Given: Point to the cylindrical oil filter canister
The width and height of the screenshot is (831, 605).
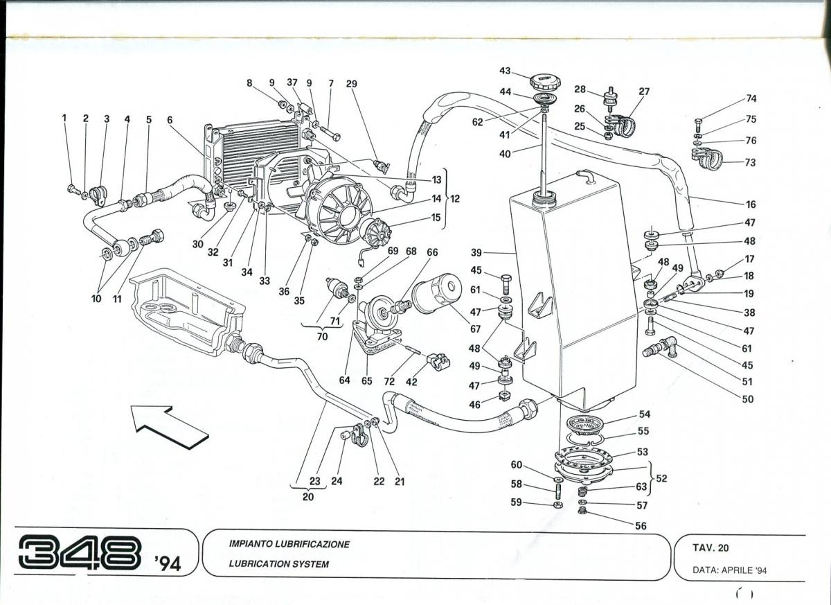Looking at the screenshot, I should point(436,293).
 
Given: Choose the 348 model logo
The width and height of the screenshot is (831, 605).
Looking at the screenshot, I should point(79,552).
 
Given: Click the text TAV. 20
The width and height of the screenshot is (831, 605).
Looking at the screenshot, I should point(711,547).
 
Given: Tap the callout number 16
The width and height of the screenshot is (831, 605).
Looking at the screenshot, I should point(751,204).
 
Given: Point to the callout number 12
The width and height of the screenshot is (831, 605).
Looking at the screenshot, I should point(455,199).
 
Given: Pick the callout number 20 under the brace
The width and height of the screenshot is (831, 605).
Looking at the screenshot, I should point(307,496).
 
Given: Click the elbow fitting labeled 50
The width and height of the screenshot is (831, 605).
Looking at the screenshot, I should point(660,346).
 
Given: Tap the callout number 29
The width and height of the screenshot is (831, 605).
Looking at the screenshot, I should point(352,84).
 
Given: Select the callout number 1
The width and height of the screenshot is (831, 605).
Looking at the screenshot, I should point(64,119).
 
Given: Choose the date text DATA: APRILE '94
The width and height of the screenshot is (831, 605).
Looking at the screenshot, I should point(730,570).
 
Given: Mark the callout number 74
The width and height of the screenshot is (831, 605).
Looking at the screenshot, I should point(751,98).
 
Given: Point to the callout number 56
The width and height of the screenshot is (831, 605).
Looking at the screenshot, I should point(641,526).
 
